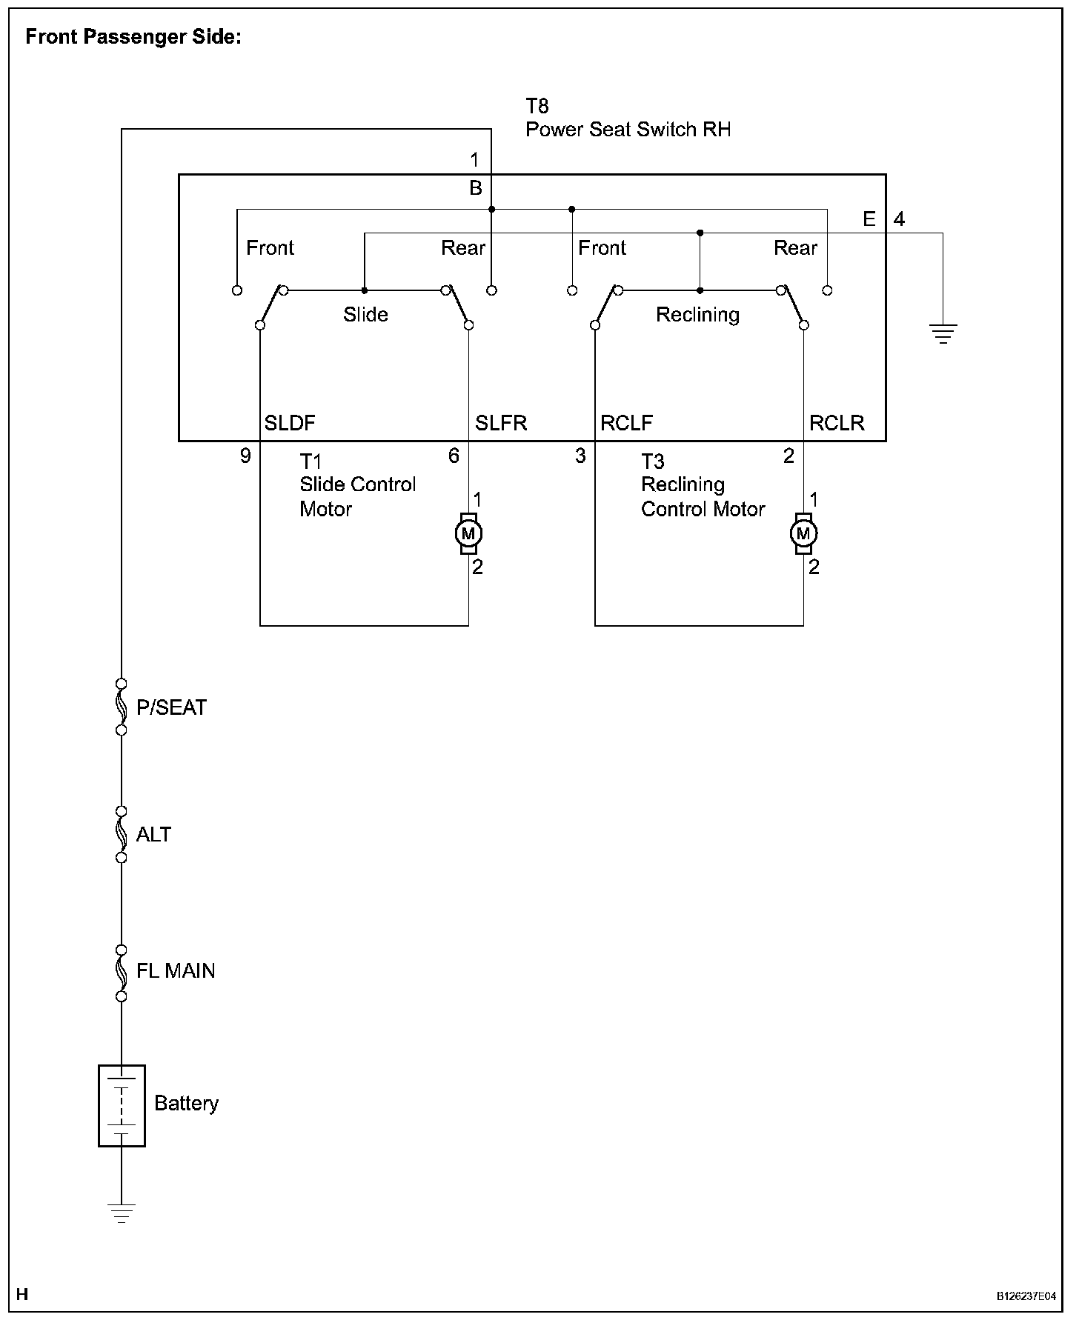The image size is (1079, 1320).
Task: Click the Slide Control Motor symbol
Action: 468,533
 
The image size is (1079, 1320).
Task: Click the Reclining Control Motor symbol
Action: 804,533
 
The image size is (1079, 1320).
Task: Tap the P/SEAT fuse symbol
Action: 122,707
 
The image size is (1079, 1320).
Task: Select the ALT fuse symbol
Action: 122,834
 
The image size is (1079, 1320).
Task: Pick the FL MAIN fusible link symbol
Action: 122,971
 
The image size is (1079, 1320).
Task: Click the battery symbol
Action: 122,1105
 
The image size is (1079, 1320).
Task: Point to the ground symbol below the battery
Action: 122,1213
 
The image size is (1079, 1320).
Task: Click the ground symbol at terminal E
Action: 943,334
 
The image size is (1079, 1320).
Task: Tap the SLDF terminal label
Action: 290,423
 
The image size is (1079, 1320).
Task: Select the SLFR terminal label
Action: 501,423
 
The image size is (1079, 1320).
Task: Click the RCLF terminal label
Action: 626,423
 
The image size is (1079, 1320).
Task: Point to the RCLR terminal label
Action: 837,423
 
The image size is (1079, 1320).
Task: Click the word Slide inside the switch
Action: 365,315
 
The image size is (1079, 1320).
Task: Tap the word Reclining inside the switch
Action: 697,315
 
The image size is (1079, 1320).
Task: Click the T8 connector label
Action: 537,106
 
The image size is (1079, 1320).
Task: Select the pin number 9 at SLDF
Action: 245,456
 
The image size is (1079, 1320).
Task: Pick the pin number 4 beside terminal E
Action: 899,220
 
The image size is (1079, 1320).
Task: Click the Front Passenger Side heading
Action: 133,37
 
